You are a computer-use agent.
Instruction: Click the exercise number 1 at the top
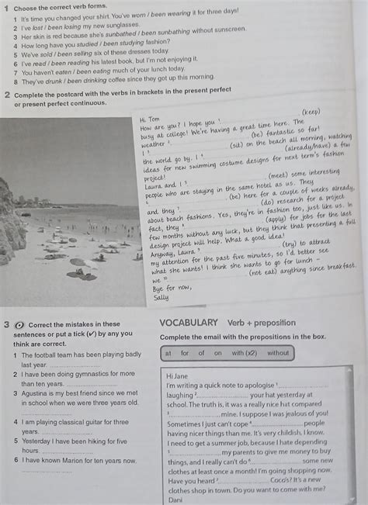5,7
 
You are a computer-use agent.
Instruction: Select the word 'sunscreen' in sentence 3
230,30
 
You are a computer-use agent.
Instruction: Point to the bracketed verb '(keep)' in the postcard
310,111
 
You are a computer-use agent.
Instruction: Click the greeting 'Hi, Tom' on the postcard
150,119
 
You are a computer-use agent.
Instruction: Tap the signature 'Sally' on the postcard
161,297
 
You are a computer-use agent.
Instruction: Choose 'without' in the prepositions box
278,353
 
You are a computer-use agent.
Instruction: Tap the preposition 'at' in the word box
167,353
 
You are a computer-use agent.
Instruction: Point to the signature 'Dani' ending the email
175,499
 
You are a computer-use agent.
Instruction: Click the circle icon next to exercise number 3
19,325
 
